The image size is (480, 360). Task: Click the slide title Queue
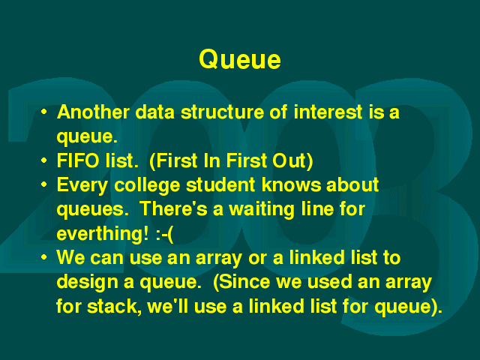point(240,60)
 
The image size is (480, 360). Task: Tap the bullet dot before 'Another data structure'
point(44,112)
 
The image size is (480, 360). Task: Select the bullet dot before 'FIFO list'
point(44,160)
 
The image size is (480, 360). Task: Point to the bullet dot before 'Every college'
point(44,184)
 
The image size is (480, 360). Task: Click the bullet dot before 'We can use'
point(44,257)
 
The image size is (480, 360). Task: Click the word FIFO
point(78,160)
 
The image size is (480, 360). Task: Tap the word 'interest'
point(328,112)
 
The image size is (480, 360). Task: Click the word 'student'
point(220,184)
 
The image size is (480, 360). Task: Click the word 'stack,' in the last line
point(114,307)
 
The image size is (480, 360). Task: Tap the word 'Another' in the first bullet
point(93,112)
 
